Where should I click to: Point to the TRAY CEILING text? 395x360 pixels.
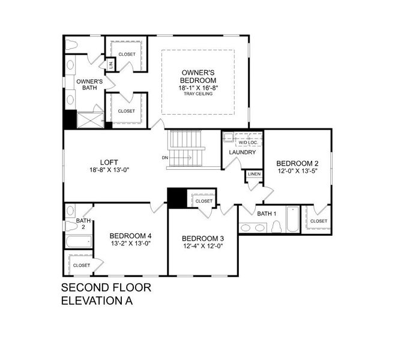(198, 94)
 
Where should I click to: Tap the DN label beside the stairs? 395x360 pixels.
(164, 158)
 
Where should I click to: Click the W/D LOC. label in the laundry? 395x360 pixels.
(247, 142)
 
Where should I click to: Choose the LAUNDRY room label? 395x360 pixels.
(243, 152)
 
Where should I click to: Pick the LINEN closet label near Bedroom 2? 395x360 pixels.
(254, 175)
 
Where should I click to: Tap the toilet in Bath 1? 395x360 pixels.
(277, 227)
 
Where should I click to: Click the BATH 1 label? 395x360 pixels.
(267, 213)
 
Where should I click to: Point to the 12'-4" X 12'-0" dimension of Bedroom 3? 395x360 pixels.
(202, 246)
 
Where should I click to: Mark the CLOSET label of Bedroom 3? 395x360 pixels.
(204, 201)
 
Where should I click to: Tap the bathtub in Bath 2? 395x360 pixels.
(79, 242)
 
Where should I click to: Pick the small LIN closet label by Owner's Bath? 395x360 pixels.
(110, 64)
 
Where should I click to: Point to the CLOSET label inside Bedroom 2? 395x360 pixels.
(318, 221)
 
